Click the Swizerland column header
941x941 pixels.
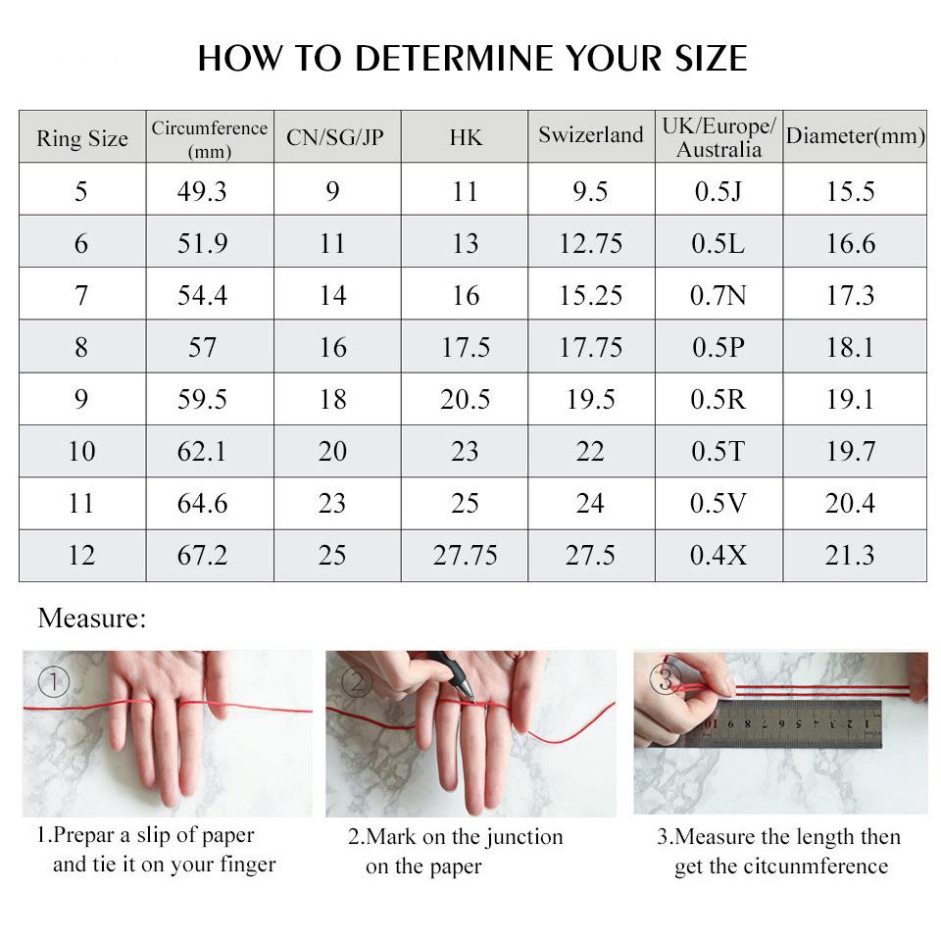(x=591, y=135)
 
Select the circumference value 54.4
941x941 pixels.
(x=202, y=295)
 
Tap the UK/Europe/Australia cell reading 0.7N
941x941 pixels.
(x=718, y=295)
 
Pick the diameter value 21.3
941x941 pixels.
(x=850, y=555)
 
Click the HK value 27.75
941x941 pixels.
(x=465, y=555)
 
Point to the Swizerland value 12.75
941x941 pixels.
(x=591, y=243)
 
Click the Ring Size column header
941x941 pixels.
(x=82, y=138)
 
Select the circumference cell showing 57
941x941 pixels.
(x=202, y=347)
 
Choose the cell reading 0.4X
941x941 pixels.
(x=718, y=555)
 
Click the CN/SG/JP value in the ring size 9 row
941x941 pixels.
(x=332, y=399)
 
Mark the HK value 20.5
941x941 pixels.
(x=465, y=399)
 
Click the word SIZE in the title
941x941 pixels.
(x=705, y=59)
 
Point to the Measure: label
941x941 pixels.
(x=91, y=619)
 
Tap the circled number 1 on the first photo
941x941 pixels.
(x=54, y=681)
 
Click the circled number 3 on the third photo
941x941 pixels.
(x=666, y=678)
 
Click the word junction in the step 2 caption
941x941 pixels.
(x=518, y=837)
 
